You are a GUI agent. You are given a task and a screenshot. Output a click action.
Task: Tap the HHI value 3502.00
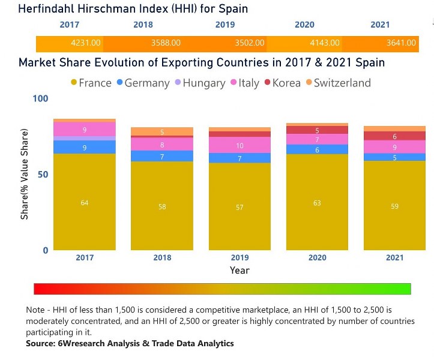249,43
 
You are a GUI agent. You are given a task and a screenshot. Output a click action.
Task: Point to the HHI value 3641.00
403,43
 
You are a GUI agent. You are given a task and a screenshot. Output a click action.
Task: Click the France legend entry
91,83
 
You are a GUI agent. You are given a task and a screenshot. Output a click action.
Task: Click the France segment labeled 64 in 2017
85,203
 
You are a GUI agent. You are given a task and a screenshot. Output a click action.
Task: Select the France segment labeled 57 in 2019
240,207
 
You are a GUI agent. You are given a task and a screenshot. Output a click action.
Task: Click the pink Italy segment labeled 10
240,145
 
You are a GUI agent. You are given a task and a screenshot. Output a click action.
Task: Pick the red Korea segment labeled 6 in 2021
394,136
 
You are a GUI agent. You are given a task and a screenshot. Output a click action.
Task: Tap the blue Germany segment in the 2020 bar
317,149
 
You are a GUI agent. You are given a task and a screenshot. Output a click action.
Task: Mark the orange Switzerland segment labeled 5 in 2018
162,131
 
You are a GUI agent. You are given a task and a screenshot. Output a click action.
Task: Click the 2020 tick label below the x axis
317,257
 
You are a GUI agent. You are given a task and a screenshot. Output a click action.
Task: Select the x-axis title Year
239,271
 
